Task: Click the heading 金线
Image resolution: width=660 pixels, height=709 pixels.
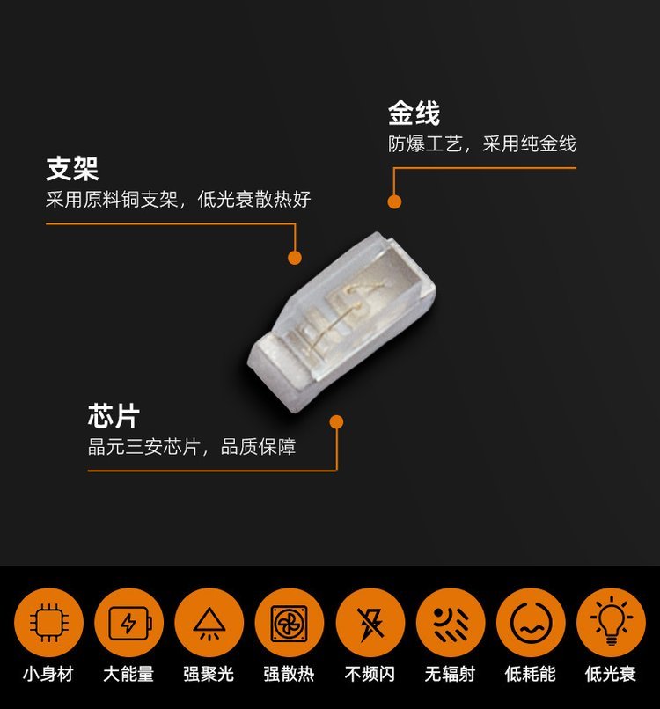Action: tap(414, 113)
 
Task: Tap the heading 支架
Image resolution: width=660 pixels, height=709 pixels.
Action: tap(72, 169)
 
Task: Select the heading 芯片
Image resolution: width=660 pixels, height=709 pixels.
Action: tap(114, 416)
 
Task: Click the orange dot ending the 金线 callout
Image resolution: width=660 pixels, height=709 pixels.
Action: tap(394, 201)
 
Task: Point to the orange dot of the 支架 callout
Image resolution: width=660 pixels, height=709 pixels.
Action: tap(295, 258)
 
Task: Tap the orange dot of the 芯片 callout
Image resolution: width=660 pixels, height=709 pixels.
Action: tap(336, 422)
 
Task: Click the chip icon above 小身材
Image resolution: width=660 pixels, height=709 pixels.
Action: tap(49, 623)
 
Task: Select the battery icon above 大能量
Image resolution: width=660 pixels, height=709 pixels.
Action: tap(129, 623)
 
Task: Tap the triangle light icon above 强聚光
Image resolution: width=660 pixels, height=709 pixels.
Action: tap(209, 623)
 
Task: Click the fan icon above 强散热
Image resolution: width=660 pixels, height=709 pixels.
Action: tap(290, 623)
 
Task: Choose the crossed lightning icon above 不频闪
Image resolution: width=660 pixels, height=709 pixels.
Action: tap(370, 623)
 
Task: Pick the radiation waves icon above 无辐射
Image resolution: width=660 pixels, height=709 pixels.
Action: tap(450, 623)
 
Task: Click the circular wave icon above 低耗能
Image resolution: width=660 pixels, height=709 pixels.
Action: tap(531, 623)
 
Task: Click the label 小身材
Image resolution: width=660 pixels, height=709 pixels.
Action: tap(48, 674)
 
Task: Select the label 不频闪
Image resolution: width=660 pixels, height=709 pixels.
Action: tap(370, 674)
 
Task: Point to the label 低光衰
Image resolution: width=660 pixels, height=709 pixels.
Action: tap(611, 674)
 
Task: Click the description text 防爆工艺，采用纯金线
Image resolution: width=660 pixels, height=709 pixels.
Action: tap(482, 144)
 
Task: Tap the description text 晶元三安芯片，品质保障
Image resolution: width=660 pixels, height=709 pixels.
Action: tap(192, 447)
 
